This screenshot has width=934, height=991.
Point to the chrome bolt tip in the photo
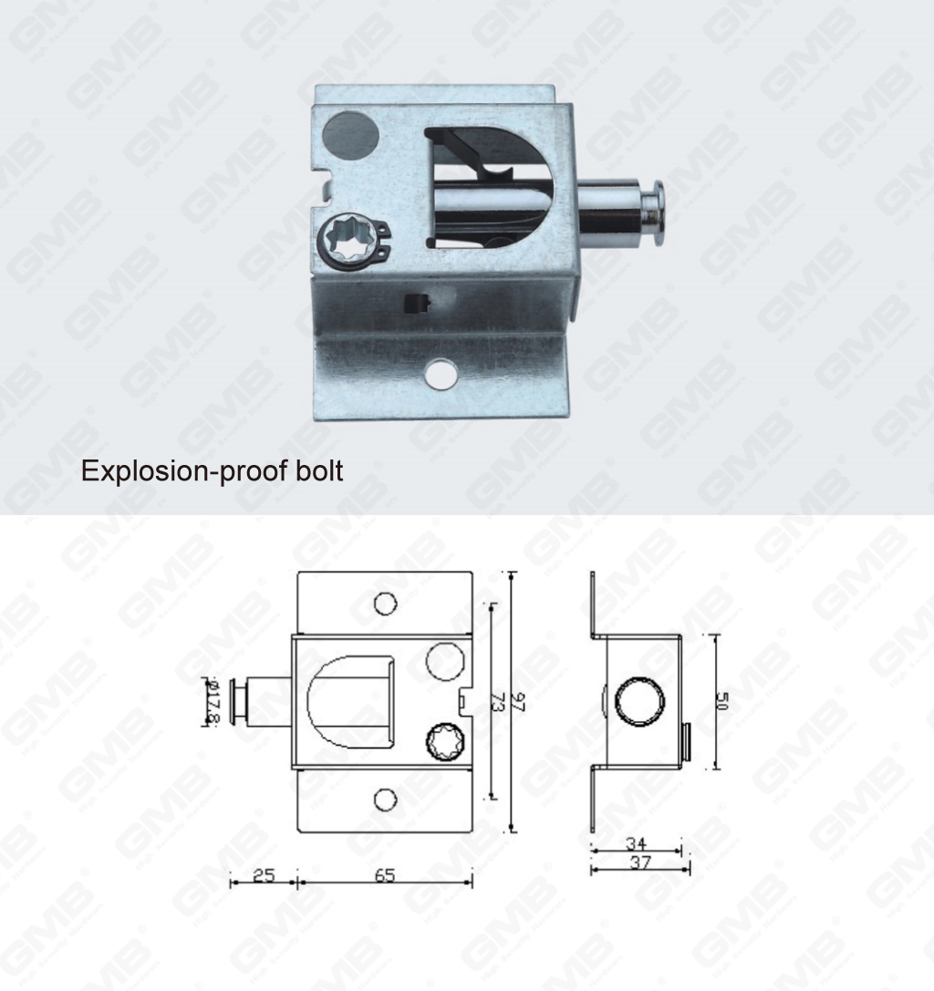pyautogui.click(x=655, y=207)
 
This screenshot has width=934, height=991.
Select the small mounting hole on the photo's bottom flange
pyautogui.click(x=442, y=372)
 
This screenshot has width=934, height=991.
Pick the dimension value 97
pyautogui.click(x=519, y=702)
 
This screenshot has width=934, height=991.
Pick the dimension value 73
pyautogui.click(x=498, y=702)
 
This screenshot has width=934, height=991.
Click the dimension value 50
pyautogui.click(x=722, y=702)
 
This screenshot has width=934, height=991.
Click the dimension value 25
pyautogui.click(x=263, y=876)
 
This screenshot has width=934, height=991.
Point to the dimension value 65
pyautogui.click(x=384, y=876)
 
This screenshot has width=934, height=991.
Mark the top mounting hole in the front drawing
pyautogui.click(x=386, y=603)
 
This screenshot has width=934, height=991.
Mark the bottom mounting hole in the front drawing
pyautogui.click(x=386, y=800)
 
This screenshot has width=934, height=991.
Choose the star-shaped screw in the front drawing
pyautogui.click(x=441, y=740)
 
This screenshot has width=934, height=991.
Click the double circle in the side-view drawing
pyautogui.click(x=639, y=701)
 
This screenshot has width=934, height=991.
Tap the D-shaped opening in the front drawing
pyautogui.click(x=352, y=701)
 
